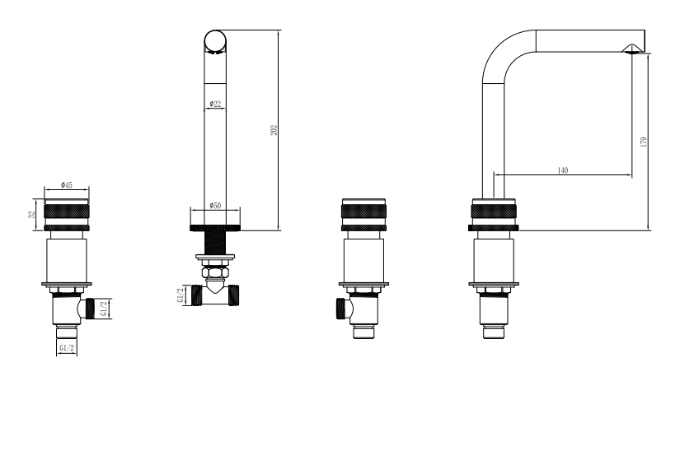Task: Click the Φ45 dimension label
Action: coord(67,185)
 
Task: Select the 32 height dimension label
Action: coord(31,215)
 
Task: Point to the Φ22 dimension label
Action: coord(215,104)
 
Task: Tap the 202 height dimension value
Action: coord(274,130)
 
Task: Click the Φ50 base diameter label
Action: coord(215,205)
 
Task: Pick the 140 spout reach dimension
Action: coord(562,170)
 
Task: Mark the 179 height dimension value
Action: coord(644,142)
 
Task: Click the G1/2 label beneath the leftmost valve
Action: coord(67,347)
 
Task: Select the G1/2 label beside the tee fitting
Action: coord(181,295)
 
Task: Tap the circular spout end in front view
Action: coord(215,41)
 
